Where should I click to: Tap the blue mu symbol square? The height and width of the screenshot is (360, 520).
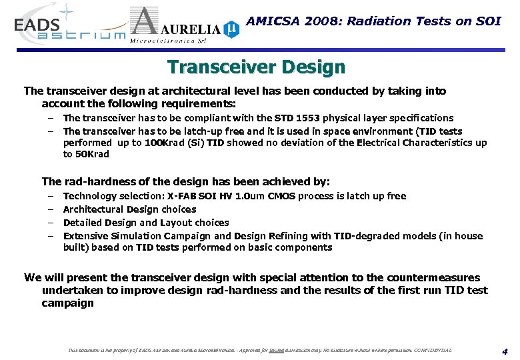pos(231,29)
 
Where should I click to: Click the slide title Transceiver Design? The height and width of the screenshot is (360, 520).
pos(257,67)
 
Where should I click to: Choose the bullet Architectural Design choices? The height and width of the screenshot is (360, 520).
pos(129,209)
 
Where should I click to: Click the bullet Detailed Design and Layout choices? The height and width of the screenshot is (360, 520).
pos(145,223)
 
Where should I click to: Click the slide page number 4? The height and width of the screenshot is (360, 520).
pos(505,351)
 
